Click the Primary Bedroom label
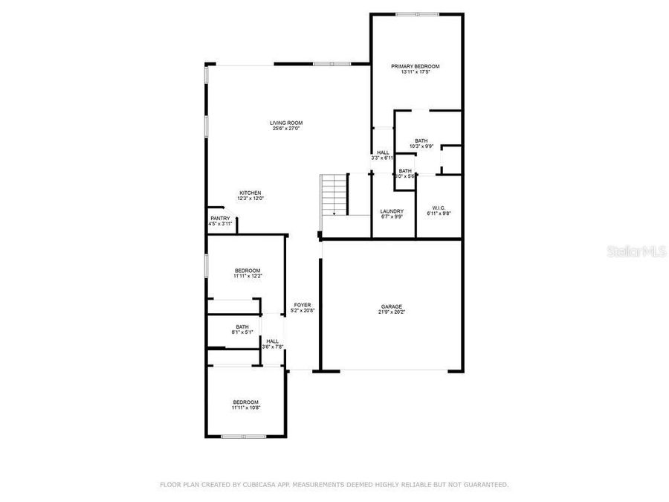pos(416,67)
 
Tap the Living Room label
pos(286,123)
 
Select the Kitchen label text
pos(251,193)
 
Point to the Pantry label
pos(221,218)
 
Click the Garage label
pos(392,306)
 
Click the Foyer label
pos(302,305)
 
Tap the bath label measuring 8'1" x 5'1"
pos(242,326)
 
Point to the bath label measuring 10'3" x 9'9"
pos(421,141)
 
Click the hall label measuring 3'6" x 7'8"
pos(272,341)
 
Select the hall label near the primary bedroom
pos(383,152)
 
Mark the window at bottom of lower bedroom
pos(244,437)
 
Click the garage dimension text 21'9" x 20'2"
pos(392,312)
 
